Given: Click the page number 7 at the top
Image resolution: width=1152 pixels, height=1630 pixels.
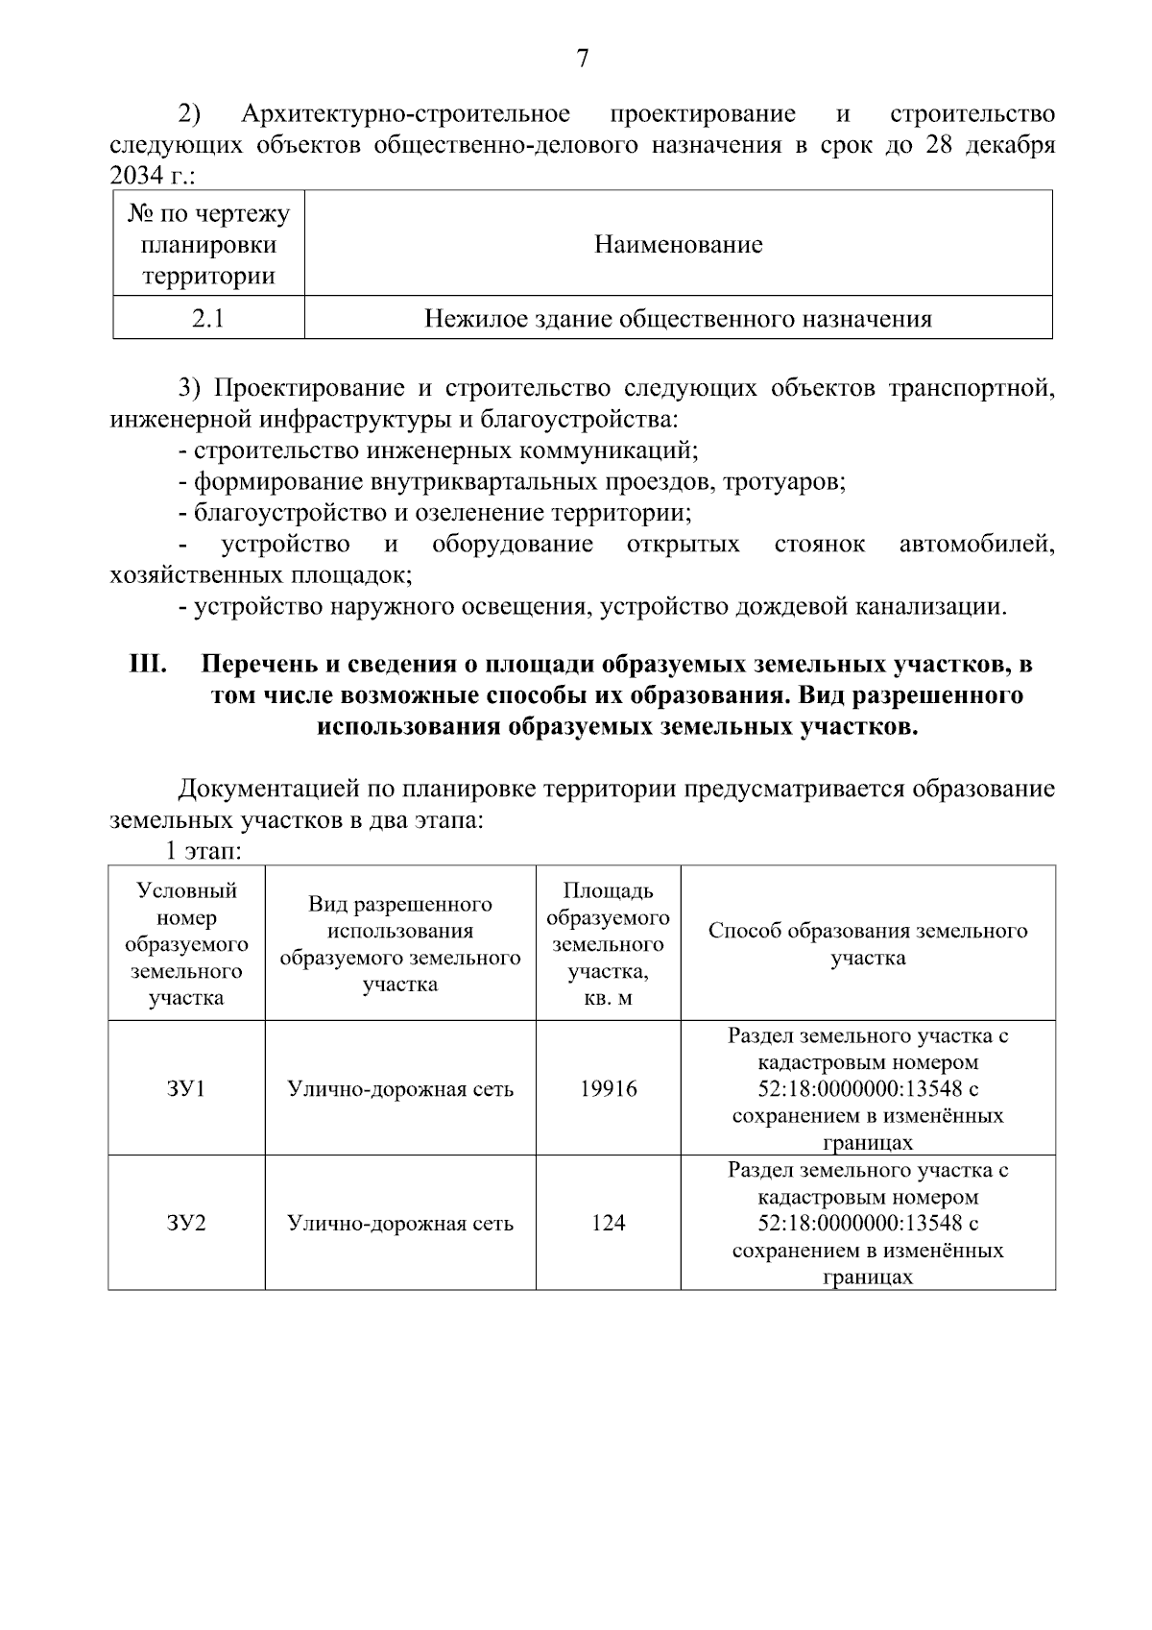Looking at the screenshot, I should [x=582, y=60].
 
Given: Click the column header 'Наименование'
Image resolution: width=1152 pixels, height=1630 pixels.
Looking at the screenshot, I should [x=678, y=244].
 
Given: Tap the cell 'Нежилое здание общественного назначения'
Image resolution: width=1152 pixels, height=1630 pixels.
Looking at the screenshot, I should [x=678, y=319].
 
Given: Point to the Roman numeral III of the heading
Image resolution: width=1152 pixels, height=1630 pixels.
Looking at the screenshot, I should [x=149, y=665].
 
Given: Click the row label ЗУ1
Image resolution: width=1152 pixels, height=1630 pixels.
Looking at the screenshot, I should [x=186, y=1089].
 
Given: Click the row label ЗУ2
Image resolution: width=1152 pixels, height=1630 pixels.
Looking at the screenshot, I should [x=186, y=1224].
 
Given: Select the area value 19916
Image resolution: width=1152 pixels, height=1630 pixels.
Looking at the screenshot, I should [x=608, y=1089].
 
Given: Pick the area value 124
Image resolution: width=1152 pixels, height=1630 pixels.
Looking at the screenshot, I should [x=608, y=1224].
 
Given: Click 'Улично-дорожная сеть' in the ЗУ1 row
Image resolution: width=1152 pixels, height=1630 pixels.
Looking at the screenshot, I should [x=400, y=1089].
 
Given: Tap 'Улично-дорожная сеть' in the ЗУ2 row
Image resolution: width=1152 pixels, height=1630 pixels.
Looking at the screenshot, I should [x=400, y=1224].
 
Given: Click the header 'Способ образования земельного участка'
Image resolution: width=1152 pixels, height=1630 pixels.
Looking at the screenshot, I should [x=868, y=943].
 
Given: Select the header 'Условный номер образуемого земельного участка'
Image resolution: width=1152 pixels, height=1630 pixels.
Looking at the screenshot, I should [x=186, y=943].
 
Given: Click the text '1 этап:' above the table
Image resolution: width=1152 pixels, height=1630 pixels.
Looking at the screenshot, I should [x=202, y=852].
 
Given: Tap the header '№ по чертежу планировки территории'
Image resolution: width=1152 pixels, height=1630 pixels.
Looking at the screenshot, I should [x=208, y=244].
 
